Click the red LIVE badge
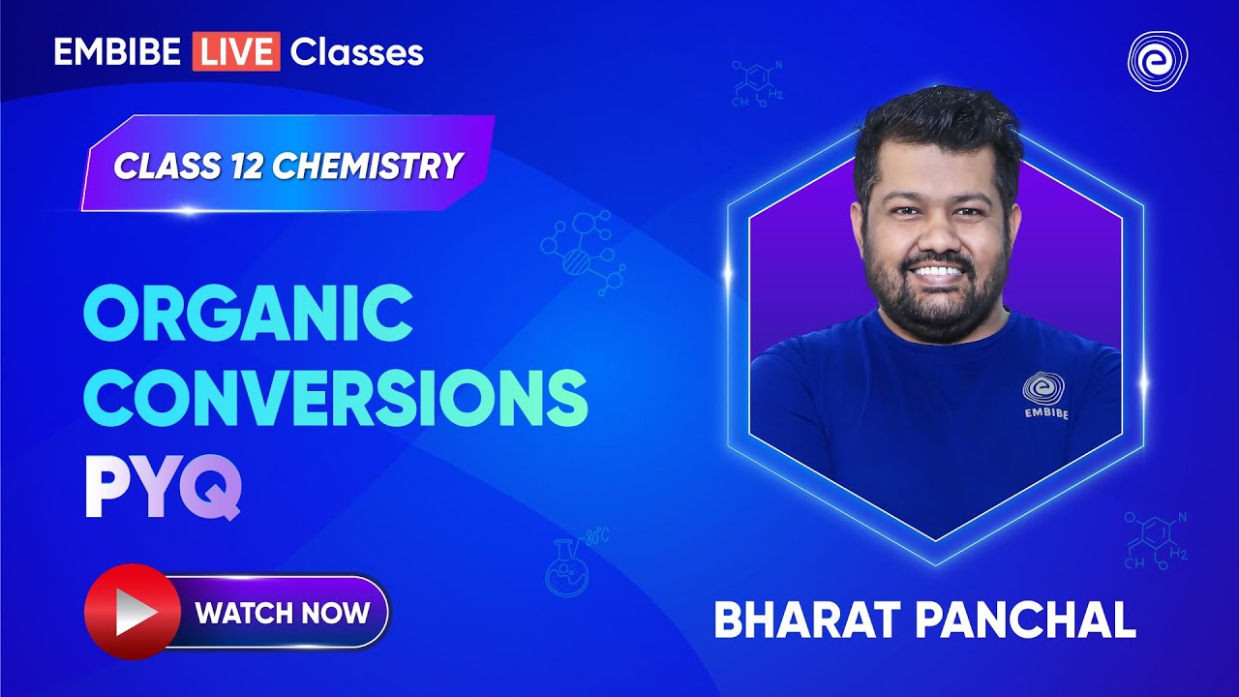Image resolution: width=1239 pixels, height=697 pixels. pos(236,51)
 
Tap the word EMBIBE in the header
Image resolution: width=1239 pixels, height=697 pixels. pos(117,51)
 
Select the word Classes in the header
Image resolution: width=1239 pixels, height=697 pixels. pos(356,51)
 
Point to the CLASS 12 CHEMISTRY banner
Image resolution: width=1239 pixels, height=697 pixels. pos(287,166)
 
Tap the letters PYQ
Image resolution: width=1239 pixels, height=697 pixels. pos(162,490)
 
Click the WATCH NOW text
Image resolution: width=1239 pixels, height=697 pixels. pos(282,612)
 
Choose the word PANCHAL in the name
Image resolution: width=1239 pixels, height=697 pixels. pos(1030,620)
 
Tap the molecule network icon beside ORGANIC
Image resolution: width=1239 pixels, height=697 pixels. pos(584,249)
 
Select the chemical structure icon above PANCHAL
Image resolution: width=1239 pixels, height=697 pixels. pos(1157,541)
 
